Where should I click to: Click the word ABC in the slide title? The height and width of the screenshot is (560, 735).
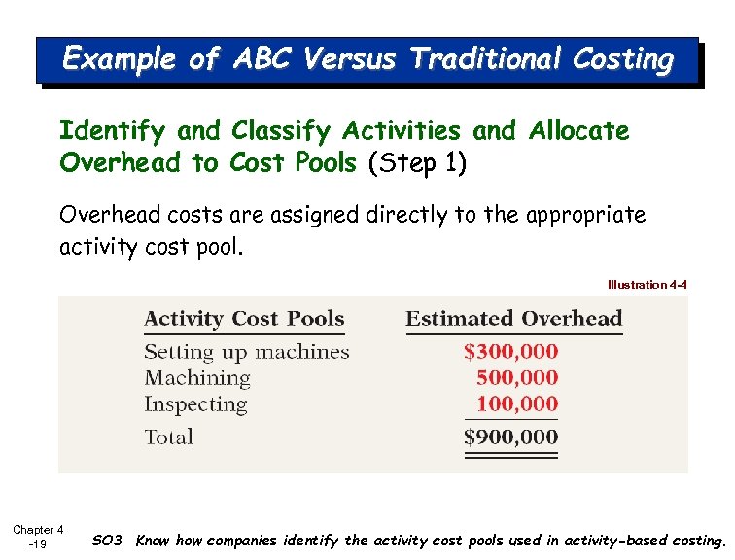pyautogui.click(x=262, y=60)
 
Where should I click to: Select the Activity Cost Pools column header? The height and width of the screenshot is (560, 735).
pyautogui.click(x=244, y=319)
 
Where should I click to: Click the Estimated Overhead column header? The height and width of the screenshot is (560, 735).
pyautogui.click(x=513, y=319)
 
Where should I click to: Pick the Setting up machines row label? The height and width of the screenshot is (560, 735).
pyautogui.click(x=246, y=352)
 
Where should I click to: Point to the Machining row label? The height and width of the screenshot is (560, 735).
pyautogui.click(x=197, y=378)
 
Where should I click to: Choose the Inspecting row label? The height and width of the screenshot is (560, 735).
pyautogui.click(x=195, y=404)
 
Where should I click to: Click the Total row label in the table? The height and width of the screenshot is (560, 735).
pyautogui.click(x=169, y=437)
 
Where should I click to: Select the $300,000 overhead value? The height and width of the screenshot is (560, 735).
pyautogui.click(x=510, y=352)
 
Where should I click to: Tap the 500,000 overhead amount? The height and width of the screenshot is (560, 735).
pyautogui.click(x=517, y=378)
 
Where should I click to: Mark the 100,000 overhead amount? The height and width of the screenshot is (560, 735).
pyautogui.click(x=517, y=404)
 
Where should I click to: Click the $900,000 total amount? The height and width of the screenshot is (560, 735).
pyautogui.click(x=510, y=437)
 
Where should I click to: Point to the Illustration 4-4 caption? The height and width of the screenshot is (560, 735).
pyautogui.click(x=647, y=285)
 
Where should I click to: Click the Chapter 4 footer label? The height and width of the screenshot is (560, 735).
pyautogui.click(x=38, y=530)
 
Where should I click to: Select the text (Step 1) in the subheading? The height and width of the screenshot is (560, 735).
pyautogui.click(x=417, y=162)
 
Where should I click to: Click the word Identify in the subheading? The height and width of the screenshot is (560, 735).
pyautogui.click(x=113, y=131)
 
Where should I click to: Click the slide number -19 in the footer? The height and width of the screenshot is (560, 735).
pyautogui.click(x=38, y=544)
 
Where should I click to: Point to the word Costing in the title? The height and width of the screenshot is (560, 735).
pyautogui.click(x=622, y=60)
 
